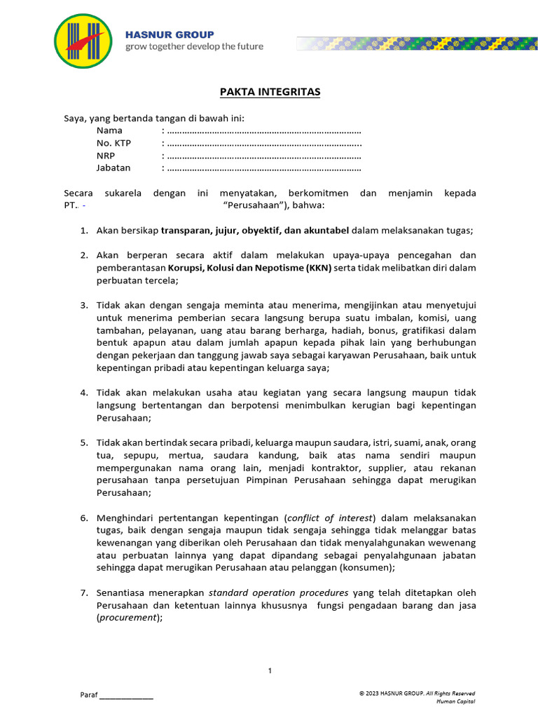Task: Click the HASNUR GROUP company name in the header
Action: point(170,34)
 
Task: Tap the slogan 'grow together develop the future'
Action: point(194,47)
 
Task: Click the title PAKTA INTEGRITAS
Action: point(270,93)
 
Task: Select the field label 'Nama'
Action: point(109,130)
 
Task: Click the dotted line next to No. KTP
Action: point(264,144)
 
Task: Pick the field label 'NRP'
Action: point(105,156)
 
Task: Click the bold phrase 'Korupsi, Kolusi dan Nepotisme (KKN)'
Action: point(242,268)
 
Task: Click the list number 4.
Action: point(83,393)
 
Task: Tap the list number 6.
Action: point(83,517)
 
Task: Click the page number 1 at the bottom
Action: point(270,672)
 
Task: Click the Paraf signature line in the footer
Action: point(126,696)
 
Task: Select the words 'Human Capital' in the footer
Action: point(455,700)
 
